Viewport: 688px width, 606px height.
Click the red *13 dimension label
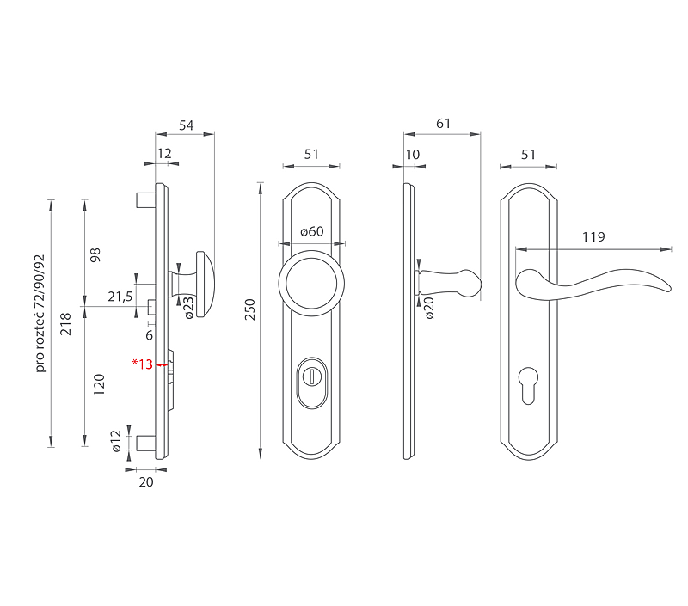click(x=143, y=364)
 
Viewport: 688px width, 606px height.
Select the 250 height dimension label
click(x=249, y=309)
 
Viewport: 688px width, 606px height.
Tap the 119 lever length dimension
click(x=593, y=236)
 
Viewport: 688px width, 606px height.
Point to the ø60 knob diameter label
click(x=312, y=231)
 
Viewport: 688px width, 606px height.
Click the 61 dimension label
click(x=443, y=124)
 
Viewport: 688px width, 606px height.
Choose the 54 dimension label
click(x=186, y=125)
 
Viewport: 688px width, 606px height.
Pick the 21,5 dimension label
click(x=120, y=297)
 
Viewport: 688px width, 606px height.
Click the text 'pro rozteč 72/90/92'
click(x=40, y=313)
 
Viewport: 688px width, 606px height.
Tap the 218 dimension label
click(x=65, y=324)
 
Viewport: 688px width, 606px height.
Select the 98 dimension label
click(x=95, y=255)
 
